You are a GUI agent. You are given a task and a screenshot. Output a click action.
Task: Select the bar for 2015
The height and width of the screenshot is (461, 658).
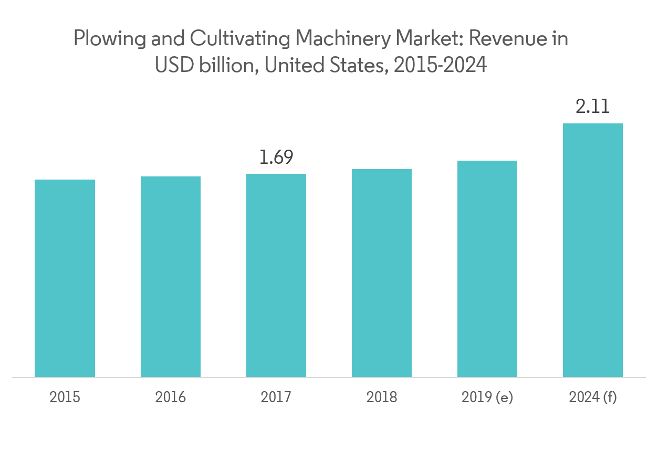point(65,278)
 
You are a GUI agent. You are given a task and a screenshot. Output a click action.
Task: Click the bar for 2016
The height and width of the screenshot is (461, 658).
point(170,277)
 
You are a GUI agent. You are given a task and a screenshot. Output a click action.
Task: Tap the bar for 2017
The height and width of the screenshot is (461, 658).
point(276,275)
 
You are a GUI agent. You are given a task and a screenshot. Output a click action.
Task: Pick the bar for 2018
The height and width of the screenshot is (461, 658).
point(382,273)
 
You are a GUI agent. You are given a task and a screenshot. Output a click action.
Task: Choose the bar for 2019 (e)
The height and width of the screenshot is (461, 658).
point(487,269)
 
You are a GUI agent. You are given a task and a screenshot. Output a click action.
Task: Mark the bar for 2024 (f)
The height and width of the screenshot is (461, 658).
point(593,250)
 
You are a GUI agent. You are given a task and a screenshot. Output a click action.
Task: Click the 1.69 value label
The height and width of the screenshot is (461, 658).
point(276,157)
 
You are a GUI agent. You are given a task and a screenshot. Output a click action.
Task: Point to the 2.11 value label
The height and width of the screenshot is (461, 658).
point(593,107)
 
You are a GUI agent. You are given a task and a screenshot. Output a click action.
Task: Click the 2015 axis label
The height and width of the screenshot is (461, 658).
point(65,397)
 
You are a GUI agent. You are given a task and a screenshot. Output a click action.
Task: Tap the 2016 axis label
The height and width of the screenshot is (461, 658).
point(170,397)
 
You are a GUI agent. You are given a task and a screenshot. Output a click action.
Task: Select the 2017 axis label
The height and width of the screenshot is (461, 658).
point(276,397)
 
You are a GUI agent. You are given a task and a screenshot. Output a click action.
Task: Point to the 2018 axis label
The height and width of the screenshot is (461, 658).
point(382,397)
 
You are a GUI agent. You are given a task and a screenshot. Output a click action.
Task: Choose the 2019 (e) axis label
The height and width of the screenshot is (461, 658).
point(487,397)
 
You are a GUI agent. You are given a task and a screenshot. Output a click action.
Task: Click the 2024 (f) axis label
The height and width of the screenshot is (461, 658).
point(593,397)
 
